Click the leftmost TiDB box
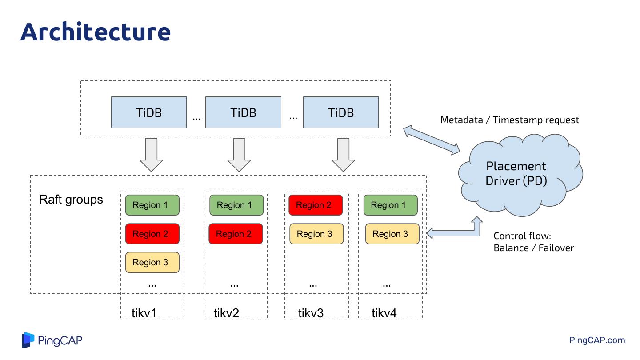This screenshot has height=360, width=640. click(x=149, y=112)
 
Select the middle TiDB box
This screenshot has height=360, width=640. click(x=243, y=112)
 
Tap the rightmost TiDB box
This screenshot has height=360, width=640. click(x=341, y=112)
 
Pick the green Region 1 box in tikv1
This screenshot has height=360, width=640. click(x=152, y=205)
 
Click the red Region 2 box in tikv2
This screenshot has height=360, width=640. click(x=236, y=234)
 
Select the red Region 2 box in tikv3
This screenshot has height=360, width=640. click(x=316, y=205)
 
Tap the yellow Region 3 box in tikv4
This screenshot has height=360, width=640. click(x=392, y=234)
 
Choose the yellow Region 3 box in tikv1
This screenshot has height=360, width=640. click(x=152, y=262)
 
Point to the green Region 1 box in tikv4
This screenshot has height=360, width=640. click(x=390, y=205)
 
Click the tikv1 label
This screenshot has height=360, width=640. click(x=144, y=313)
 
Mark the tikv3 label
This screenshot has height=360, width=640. click(x=311, y=313)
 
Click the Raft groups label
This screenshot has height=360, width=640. click(x=71, y=200)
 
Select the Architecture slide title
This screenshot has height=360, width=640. click(x=96, y=32)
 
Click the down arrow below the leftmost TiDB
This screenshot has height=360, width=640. click(x=151, y=155)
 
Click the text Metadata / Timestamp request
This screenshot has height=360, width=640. click(x=509, y=120)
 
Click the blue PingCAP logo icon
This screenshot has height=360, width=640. click(x=28, y=340)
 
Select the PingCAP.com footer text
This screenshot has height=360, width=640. click(x=597, y=340)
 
